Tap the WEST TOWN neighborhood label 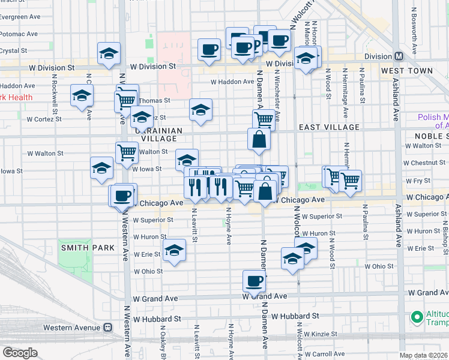(407, 71)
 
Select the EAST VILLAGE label (329, 127)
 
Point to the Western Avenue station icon (108, 328)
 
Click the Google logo (19, 353)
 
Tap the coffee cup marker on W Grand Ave (254, 280)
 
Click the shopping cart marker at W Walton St (127, 152)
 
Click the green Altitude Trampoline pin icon (415, 316)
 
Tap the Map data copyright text (423, 355)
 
